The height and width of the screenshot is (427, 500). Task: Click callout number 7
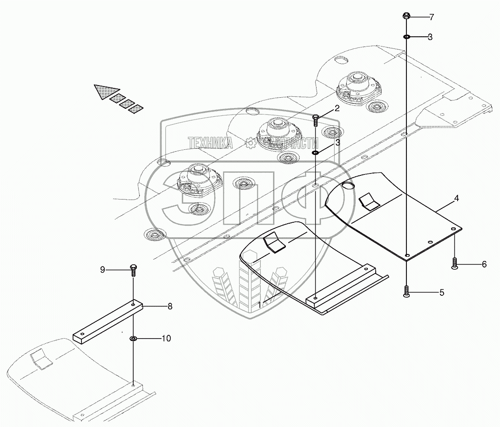(x=432, y=17)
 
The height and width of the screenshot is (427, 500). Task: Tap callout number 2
(x=337, y=109)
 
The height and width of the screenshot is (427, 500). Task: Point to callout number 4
(x=457, y=198)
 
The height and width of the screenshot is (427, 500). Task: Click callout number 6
(x=484, y=264)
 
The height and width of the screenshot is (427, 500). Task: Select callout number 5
(x=442, y=293)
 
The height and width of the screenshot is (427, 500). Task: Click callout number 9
(x=103, y=269)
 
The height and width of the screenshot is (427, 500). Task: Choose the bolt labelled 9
(x=133, y=269)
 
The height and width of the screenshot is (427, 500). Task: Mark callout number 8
(x=169, y=306)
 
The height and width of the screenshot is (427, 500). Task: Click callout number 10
(x=165, y=338)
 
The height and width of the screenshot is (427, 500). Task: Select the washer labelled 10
(x=133, y=339)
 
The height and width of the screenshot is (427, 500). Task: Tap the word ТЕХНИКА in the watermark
(x=210, y=143)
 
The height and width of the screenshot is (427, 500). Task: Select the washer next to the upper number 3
(x=406, y=37)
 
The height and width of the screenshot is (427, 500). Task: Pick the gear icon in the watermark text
(x=251, y=143)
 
